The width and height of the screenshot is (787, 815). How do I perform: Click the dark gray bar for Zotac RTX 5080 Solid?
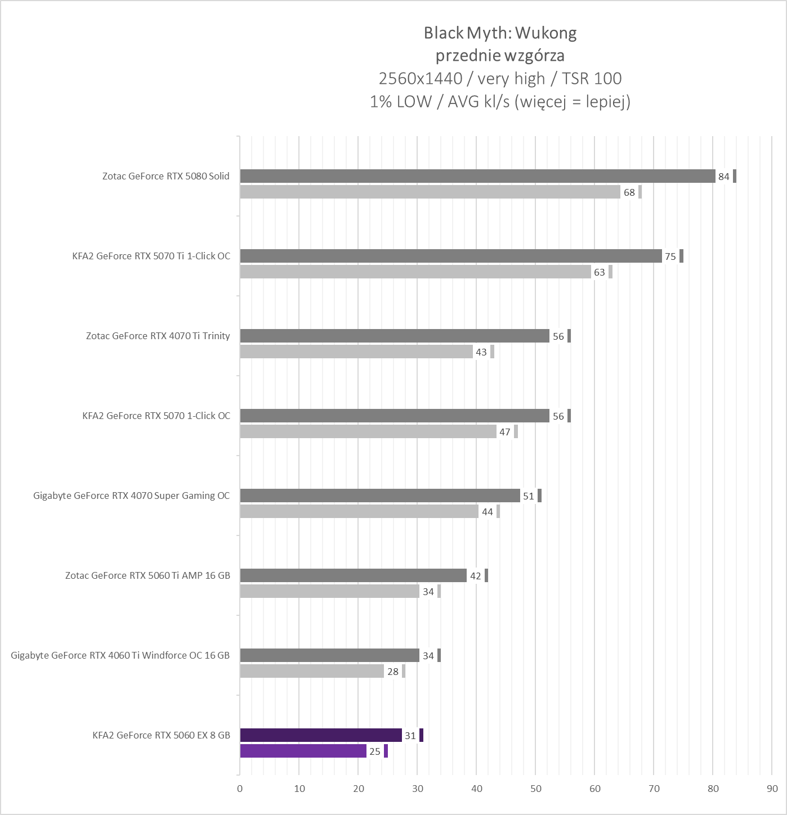pyautogui.click(x=477, y=176)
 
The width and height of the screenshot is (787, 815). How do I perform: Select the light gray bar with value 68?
pyautogui.click(x=430, y=192)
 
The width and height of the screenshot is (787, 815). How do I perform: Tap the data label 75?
pyautogui.click(x=670, y=256)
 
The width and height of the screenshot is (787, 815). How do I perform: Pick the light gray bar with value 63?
pyautogui.click(x=415, y=272)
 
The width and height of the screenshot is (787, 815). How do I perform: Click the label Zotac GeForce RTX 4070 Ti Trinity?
pyautogui.click(x=158, y=336)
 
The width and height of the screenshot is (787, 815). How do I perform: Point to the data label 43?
pyautogui.click(x=481, y=352)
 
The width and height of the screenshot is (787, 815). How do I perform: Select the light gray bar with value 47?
pyautogui.click(x=368, y=431)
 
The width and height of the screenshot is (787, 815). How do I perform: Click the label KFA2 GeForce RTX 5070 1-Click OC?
pyautogui.click(x=156, y=416)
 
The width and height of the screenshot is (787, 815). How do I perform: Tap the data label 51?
pyautogui.click(x=528, y=496)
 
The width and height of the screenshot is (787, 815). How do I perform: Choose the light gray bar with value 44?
pyautogui.click(x=359, y=511)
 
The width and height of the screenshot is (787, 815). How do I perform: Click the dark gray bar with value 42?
pyautogui.click(x=353, y=575)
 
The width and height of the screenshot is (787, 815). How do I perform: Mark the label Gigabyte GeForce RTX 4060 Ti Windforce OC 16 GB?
pyautogui.click(x=120, y=655)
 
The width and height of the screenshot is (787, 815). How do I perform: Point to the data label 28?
pyautogui.click(x=393, y=672)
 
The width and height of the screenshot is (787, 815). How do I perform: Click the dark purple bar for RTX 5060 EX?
pyautogui.click(x=321, y=735)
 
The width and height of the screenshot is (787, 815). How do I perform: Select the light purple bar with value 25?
pyautogui.click(x=303, y=751)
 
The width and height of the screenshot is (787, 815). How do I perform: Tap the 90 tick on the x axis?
pyautogui.click(x=772, y=789)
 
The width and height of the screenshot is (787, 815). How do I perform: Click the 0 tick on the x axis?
pyautogui.click(x=240, y=789)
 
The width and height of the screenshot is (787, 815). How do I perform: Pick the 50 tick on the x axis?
pyautogui.click(x=536, y=789)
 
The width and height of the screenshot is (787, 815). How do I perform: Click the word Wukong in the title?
pyautogui.click(x=545, y=33)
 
